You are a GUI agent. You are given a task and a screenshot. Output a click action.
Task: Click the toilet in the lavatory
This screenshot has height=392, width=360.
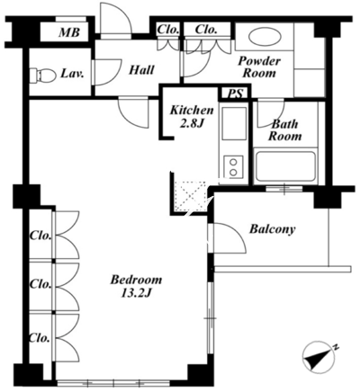click(42, 75)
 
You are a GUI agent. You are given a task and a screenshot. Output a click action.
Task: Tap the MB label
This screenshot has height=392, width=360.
click(69, 32)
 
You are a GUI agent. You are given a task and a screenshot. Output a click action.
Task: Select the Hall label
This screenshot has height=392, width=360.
click(141, 70)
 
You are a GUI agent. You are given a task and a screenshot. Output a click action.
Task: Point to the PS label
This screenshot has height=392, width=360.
click(236, 94)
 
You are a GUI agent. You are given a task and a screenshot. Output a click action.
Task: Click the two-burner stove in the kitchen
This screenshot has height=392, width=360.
click(234, 166)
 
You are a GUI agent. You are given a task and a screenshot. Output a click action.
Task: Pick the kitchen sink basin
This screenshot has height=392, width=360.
click(234, 123)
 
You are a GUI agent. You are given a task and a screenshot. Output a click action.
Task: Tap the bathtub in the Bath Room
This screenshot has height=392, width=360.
click(284, 167)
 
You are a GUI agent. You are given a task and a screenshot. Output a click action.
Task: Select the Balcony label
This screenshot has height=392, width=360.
click(273, 229)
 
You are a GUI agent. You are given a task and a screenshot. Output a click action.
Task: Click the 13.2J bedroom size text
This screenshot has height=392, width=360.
click(136, 294)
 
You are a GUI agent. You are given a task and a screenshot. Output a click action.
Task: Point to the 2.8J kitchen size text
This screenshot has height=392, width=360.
click(192, 123)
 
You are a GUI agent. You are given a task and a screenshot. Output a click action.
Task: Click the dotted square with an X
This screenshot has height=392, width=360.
click(191, 196)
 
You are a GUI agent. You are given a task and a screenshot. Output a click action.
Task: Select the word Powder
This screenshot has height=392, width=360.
click(259, 61)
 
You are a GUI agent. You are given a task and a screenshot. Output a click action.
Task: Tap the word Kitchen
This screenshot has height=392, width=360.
click(192, 111)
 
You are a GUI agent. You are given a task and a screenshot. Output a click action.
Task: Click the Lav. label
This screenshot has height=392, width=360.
click(72, 73)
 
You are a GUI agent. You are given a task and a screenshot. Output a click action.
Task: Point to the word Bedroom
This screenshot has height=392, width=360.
click(136, 280)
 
